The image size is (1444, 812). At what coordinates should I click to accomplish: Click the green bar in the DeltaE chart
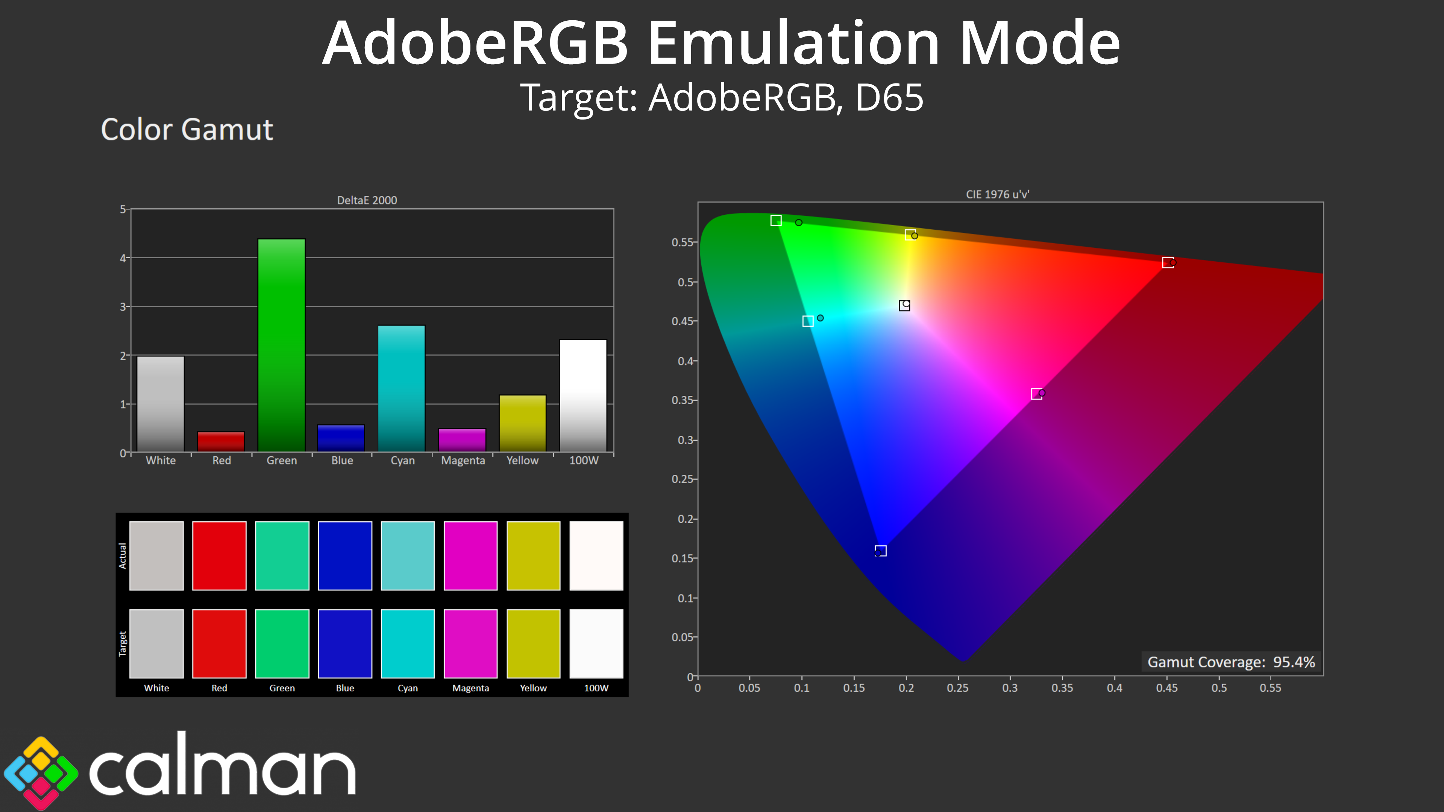pyautogui.click(x=281, y=345)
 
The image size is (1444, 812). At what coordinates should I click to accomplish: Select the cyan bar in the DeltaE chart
pyautogui.click(x=401, y=388)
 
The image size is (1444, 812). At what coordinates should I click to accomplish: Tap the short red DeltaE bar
pyautogui.click(x=221, y=442)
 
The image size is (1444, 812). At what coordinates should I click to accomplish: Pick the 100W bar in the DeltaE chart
pyautogui.click(x=583, y=395)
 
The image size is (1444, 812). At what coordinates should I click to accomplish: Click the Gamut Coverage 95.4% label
pyautogui.click(x=1231, y=662)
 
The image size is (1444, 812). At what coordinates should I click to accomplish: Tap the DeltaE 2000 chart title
pyautogui.click(x=367, y=200)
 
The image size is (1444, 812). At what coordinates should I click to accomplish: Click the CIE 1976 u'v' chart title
pyautogui.click(x=997, y=194)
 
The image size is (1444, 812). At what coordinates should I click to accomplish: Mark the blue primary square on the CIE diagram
pyautogui.click(x=881, y=551)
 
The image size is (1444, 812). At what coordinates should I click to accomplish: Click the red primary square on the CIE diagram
pyautogui.click(x=1168, y=262)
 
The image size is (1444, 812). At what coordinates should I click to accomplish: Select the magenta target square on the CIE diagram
pyautogui.click(x=1036, y=394)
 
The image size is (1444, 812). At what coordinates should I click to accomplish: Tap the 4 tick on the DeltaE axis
pyautogui.click(x=123, y=258)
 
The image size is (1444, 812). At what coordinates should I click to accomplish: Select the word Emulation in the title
pyautogui.click(x=793, y=43)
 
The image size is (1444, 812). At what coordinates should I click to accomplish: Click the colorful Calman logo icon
pyautogui.click(x=40, y=772)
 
